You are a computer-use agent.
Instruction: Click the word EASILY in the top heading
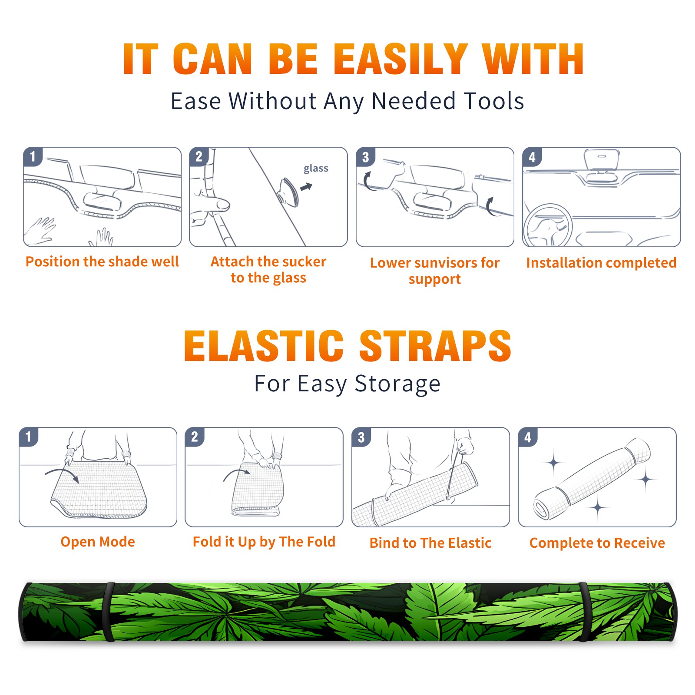tap(400, 59)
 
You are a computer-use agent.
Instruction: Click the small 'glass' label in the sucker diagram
tap(316, 168)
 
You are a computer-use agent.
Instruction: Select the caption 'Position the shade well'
tap(102, 261)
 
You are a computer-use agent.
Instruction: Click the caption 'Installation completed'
tap(601, 262)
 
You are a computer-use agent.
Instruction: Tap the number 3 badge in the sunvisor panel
tap(365, 157)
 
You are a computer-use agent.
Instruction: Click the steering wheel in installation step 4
tap(548, 225)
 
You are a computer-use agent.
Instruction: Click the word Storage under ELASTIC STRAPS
tap(397, 384)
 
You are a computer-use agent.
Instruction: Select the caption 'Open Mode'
tap(98, 542)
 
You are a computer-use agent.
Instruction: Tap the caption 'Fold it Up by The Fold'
tap(264, 542)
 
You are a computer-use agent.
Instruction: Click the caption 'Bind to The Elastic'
tap(430, 543)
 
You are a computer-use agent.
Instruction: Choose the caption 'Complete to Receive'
tap(597, 543)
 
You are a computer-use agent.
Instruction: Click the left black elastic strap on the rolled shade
tap(109, 612)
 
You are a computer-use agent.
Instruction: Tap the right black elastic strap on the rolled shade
tap(584, 612)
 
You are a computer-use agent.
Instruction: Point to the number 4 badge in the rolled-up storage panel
tap(528, 437)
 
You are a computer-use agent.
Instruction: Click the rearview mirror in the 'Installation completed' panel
tap(602, 159)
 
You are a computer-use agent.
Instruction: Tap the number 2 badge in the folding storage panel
tap(195, 437)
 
